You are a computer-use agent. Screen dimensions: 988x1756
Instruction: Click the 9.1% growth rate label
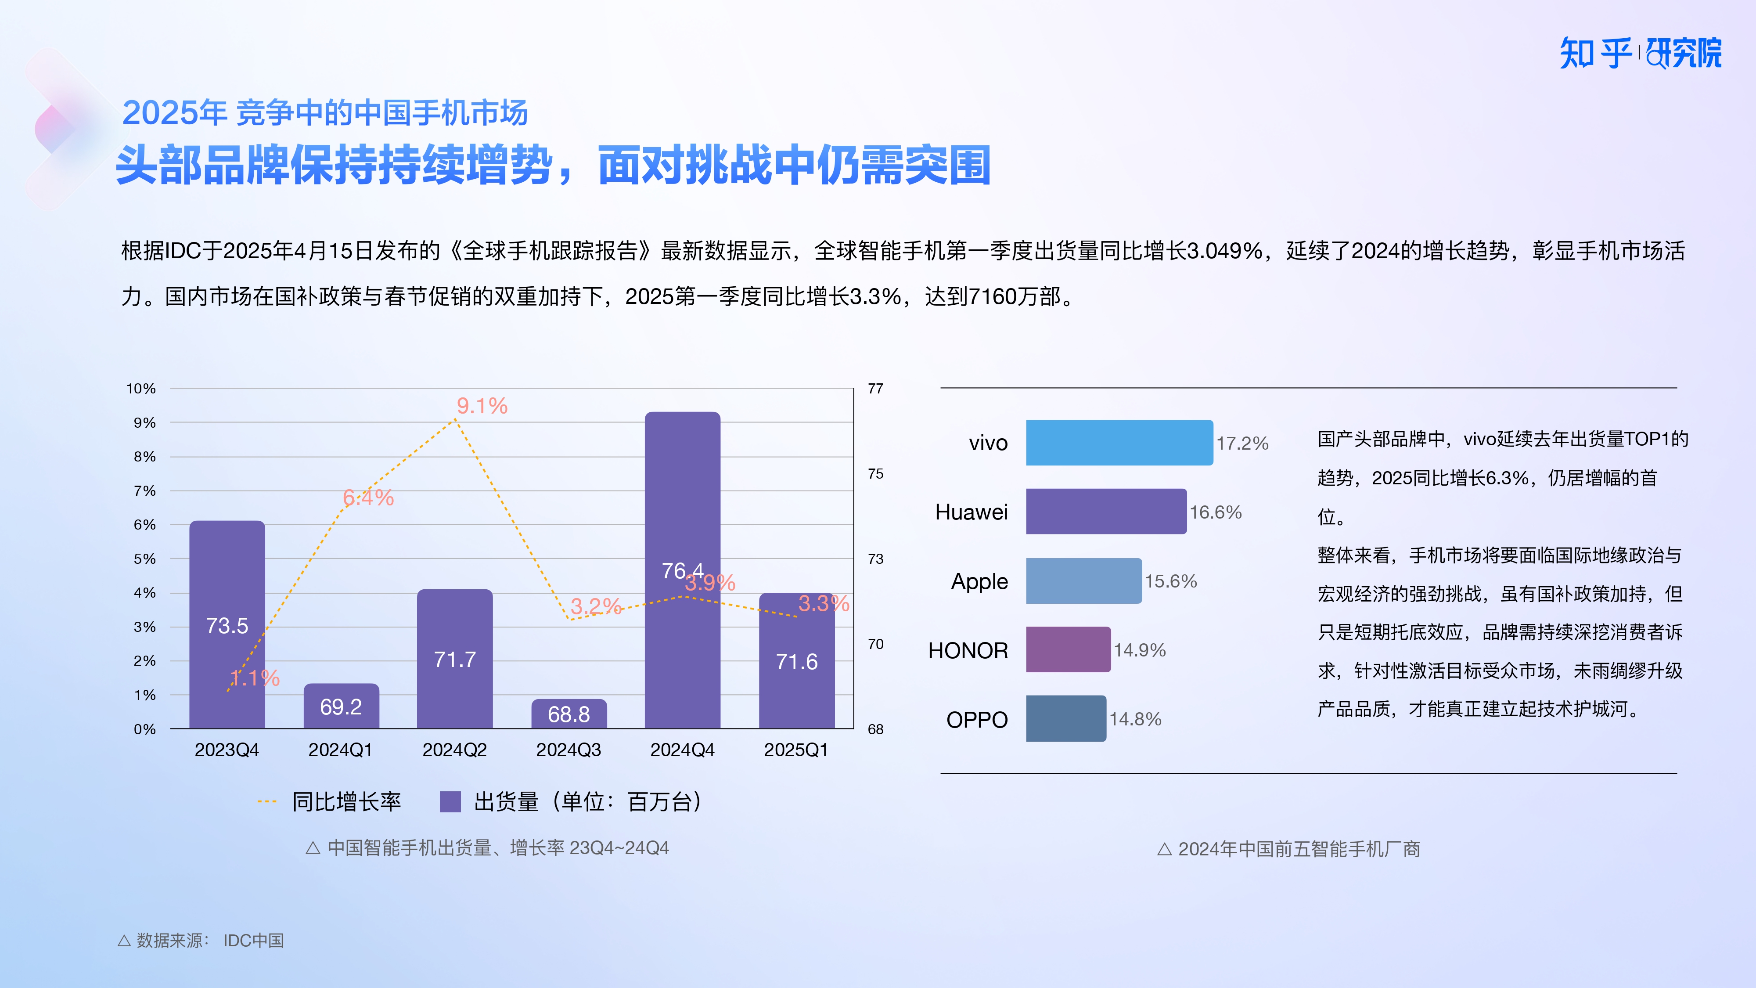[x=482, y=406]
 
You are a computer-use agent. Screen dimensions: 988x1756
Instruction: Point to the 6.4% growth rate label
[x=368, y=498]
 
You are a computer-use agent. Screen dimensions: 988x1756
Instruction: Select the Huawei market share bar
[x=1106, y=512]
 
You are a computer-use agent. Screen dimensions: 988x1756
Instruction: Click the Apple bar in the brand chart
[x=1083, y=581]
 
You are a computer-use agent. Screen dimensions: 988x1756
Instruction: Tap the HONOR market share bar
[x=1068, y=650]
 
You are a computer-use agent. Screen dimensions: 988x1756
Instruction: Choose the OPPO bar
[x=1065, y=719]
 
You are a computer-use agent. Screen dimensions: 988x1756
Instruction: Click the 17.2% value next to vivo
[x=1242, y=444]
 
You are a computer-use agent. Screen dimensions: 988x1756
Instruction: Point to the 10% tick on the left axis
[x=141, y=389]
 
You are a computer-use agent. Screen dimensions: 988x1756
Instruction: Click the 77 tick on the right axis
[x=875, y=389]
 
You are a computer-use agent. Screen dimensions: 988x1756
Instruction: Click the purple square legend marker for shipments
[x=450, y=802]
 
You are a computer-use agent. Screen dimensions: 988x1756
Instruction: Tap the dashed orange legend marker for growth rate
[x=266, y=802]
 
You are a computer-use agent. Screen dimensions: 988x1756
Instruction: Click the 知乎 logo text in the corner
[x=1595, y=54]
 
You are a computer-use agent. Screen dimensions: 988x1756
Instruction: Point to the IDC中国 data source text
[x=254, y=941]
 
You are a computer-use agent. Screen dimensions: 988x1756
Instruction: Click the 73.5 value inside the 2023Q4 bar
[x=227, y=626]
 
